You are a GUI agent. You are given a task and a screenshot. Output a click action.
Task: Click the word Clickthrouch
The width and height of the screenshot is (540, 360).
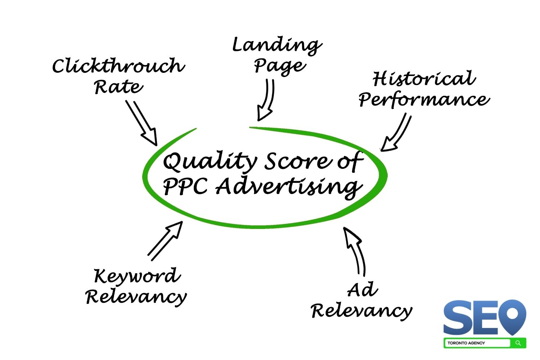pyautogui.click(x=119, y=66)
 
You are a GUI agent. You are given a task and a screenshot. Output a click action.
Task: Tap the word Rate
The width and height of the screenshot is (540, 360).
pyautogui.click(x=118, y=87)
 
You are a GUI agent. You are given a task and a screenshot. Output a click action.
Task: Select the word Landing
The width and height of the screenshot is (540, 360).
pyautogui.click(x=277, y=46)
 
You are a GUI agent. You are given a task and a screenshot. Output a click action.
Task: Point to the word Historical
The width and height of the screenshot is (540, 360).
pyautogui.click(x=424, y=78)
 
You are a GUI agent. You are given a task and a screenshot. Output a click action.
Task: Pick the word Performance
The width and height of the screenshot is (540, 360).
pyautogui.click(x=424, y=99)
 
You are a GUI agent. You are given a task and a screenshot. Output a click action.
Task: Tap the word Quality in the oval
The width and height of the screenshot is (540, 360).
pyautogui.click(x=210, y=162)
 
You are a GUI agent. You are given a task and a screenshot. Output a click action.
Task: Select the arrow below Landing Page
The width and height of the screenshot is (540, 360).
pyautogui.click(x=266, y=100)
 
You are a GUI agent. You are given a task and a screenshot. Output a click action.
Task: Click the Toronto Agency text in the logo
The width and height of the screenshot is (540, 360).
pyautogui.click(x=466, y=343)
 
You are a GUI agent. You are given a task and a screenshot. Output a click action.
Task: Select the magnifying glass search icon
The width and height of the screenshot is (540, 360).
pyautogui.click(x=518, y=343)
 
